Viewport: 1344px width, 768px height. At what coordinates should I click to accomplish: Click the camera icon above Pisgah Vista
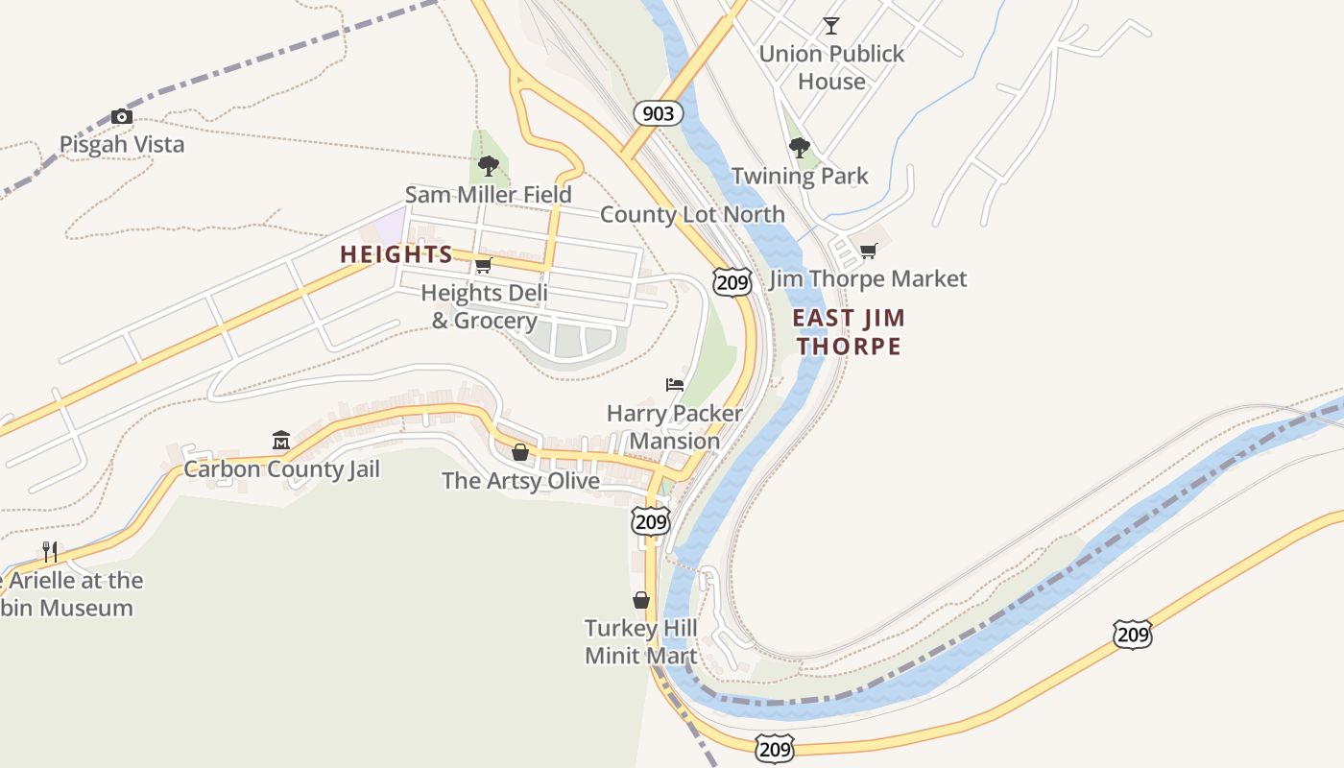point(122,117)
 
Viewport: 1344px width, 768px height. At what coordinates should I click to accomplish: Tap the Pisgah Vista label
point(122,145)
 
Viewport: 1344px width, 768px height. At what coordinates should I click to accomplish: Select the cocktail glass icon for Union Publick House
point(831,26)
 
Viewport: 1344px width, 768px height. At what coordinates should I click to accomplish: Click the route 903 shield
point(658,114)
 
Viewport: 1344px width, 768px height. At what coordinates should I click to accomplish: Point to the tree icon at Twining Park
point(799,148)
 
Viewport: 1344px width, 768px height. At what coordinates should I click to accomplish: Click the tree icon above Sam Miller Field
point(488,166)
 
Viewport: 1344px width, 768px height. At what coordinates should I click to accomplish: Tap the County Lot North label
point(692,214)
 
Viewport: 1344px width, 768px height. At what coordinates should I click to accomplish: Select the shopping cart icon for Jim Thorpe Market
point(869,252)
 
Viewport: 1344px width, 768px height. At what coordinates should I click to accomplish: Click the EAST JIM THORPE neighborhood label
point(849,332)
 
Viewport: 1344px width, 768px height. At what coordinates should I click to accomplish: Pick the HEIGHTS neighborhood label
point(396,254)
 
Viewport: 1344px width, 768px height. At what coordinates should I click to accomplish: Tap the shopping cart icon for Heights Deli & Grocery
point(484,265)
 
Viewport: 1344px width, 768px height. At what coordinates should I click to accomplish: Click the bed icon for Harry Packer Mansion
point(675,385)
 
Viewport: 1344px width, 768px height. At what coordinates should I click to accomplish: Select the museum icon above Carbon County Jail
point(281,441)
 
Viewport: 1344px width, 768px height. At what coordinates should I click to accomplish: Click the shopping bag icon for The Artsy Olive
point(520,452)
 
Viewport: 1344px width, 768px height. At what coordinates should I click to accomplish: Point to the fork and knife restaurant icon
point(50,552)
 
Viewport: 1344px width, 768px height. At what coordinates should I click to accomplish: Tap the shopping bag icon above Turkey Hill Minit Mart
point(641,601)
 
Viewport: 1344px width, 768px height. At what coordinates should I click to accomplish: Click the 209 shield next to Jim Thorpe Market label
point(732,281)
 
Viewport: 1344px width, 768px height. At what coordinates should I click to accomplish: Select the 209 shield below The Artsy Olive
point(650,521)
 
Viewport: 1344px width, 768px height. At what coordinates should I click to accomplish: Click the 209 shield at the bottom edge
point(774,749)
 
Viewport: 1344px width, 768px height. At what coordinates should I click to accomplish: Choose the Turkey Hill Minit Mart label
point(641,642)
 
